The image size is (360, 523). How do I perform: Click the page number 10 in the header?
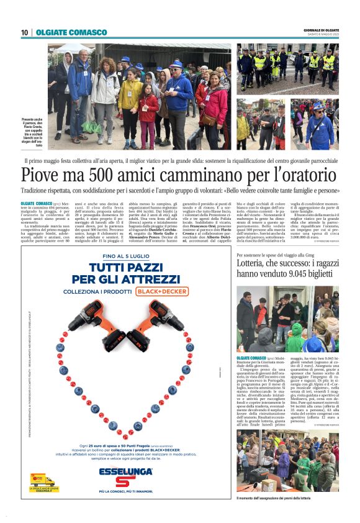coord(24,33)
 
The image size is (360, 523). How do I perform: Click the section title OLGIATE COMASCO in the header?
coord(63,33)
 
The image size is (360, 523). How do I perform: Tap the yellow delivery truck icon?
coord(42,480)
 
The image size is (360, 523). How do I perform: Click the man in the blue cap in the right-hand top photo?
coord(320,124)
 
